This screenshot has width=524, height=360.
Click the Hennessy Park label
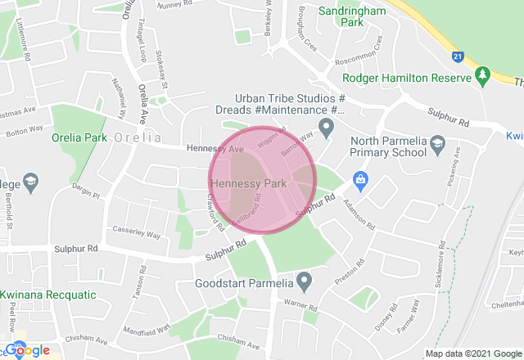pos(249,183)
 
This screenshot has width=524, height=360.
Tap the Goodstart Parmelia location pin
pos(305,282)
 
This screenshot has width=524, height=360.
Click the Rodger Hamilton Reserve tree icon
pos(483,78)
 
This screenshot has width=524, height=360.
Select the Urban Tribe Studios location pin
pos(326,128)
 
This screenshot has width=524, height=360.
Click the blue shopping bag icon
pos(359,178)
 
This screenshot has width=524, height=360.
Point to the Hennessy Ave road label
pos(215,151)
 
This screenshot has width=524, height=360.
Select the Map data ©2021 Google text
pos(472,353)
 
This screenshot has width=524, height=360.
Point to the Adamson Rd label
pos(359,214)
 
